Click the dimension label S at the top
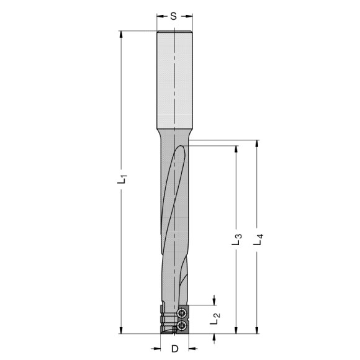[x=174, y=17]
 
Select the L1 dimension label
[x=124, y=181]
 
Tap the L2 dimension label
[x=214, y=320]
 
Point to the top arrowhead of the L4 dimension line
[x=257, y=144]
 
